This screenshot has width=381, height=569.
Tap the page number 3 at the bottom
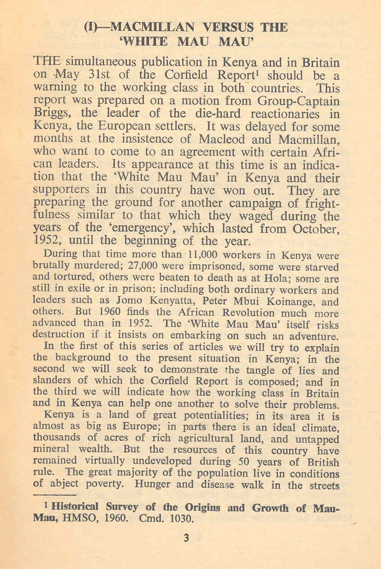point(186,538)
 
